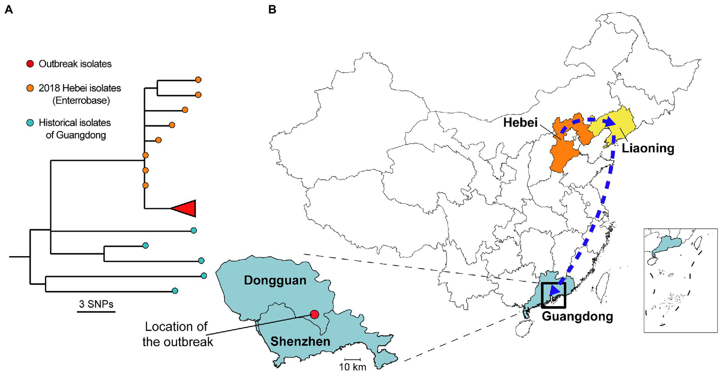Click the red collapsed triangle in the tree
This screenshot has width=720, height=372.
tap(184, 208)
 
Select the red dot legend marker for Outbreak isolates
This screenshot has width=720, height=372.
tap(30, 64)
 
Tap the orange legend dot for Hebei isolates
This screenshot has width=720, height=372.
tap(30, 88)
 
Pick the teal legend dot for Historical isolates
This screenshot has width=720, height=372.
tap(30, 123)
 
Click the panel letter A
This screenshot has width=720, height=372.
tap(8, 8)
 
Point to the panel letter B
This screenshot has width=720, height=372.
tap(272, 8)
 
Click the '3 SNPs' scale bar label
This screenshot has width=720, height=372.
tap(96, 304)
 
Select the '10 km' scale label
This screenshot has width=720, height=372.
tap(353, 366)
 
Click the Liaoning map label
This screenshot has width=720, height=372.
tap(648, 148)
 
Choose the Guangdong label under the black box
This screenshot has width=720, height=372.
tap(577, 316)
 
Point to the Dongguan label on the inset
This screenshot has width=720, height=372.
tap(275, 281)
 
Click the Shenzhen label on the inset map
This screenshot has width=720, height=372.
tap(301, 342)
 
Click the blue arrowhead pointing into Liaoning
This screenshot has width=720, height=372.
tap(608, 122)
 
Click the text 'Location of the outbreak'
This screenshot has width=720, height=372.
tap(177, 334)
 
